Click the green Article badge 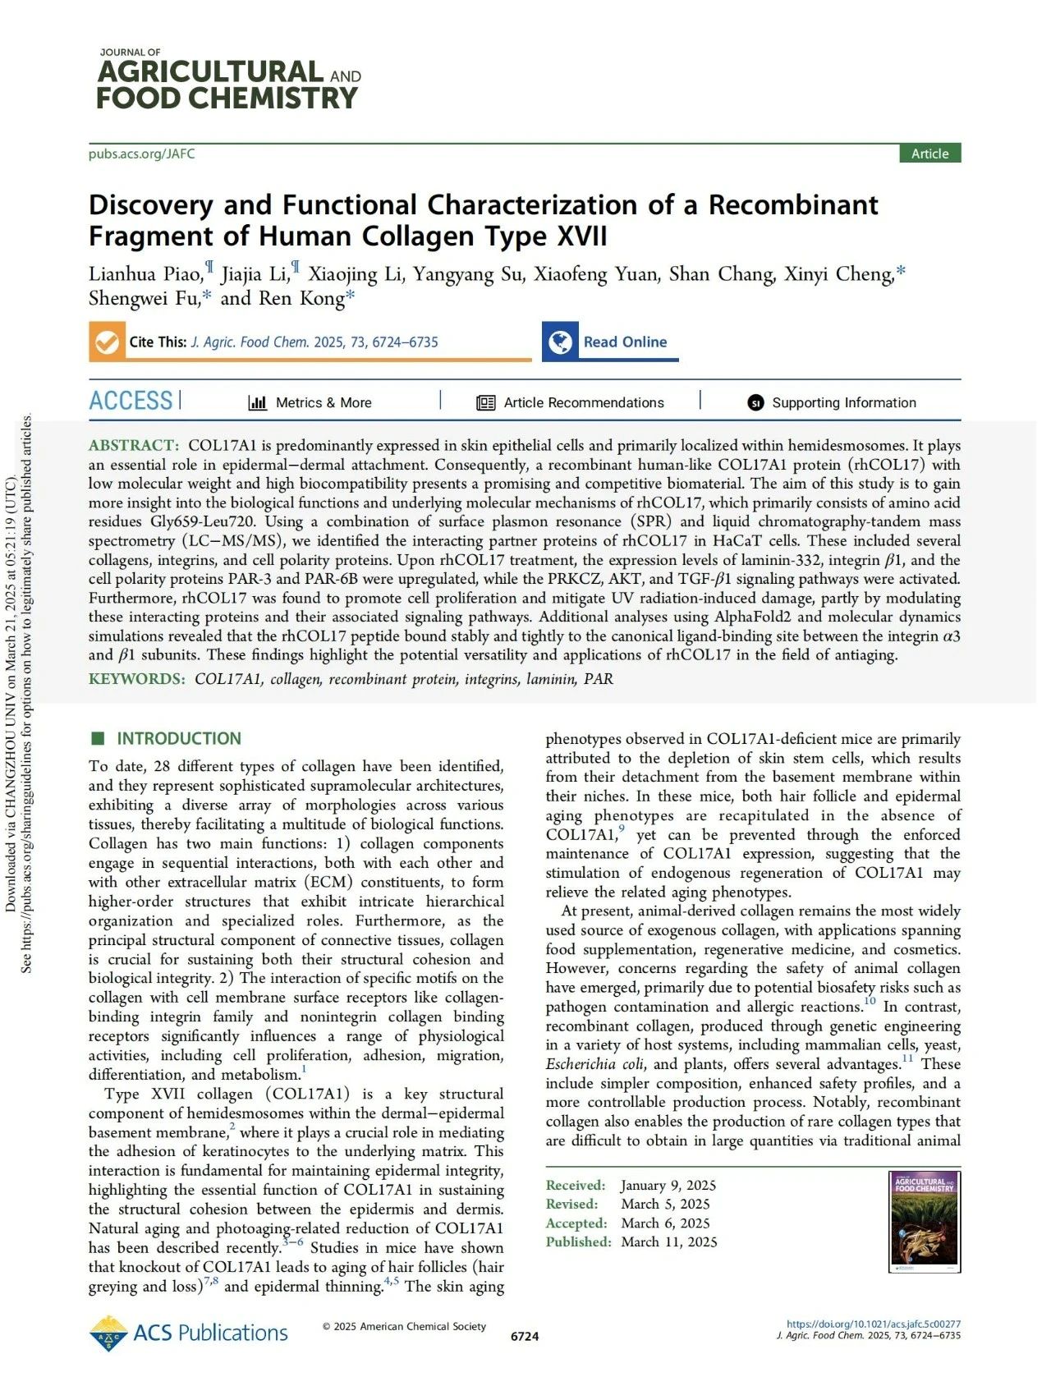(929, 154)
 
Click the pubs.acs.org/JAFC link (141, 154)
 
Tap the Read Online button (611, 342)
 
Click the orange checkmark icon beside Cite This (106, 342)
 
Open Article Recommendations (571, 402)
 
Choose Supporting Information (832, 402)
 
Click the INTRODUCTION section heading (178, 738)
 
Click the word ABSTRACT (133, 445)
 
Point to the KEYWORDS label (137, 679)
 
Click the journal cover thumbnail (925, 1221)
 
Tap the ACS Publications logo (189, 1332)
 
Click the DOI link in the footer (873, 1324)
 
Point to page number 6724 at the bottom (525, 1336)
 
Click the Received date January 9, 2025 (668, 1185)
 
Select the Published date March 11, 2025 (668, 1241)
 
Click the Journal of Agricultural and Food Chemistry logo (228, 80)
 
